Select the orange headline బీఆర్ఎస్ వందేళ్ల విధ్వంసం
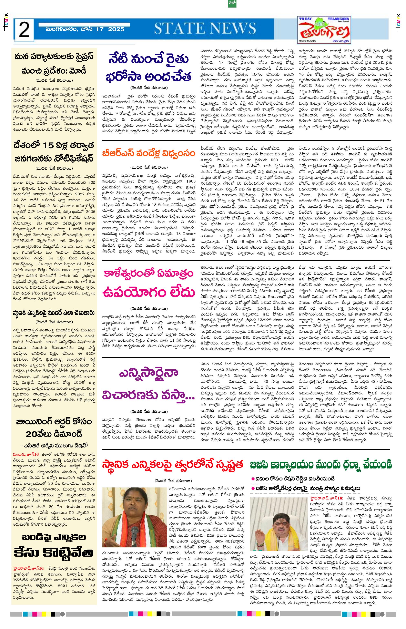(149, 153)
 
